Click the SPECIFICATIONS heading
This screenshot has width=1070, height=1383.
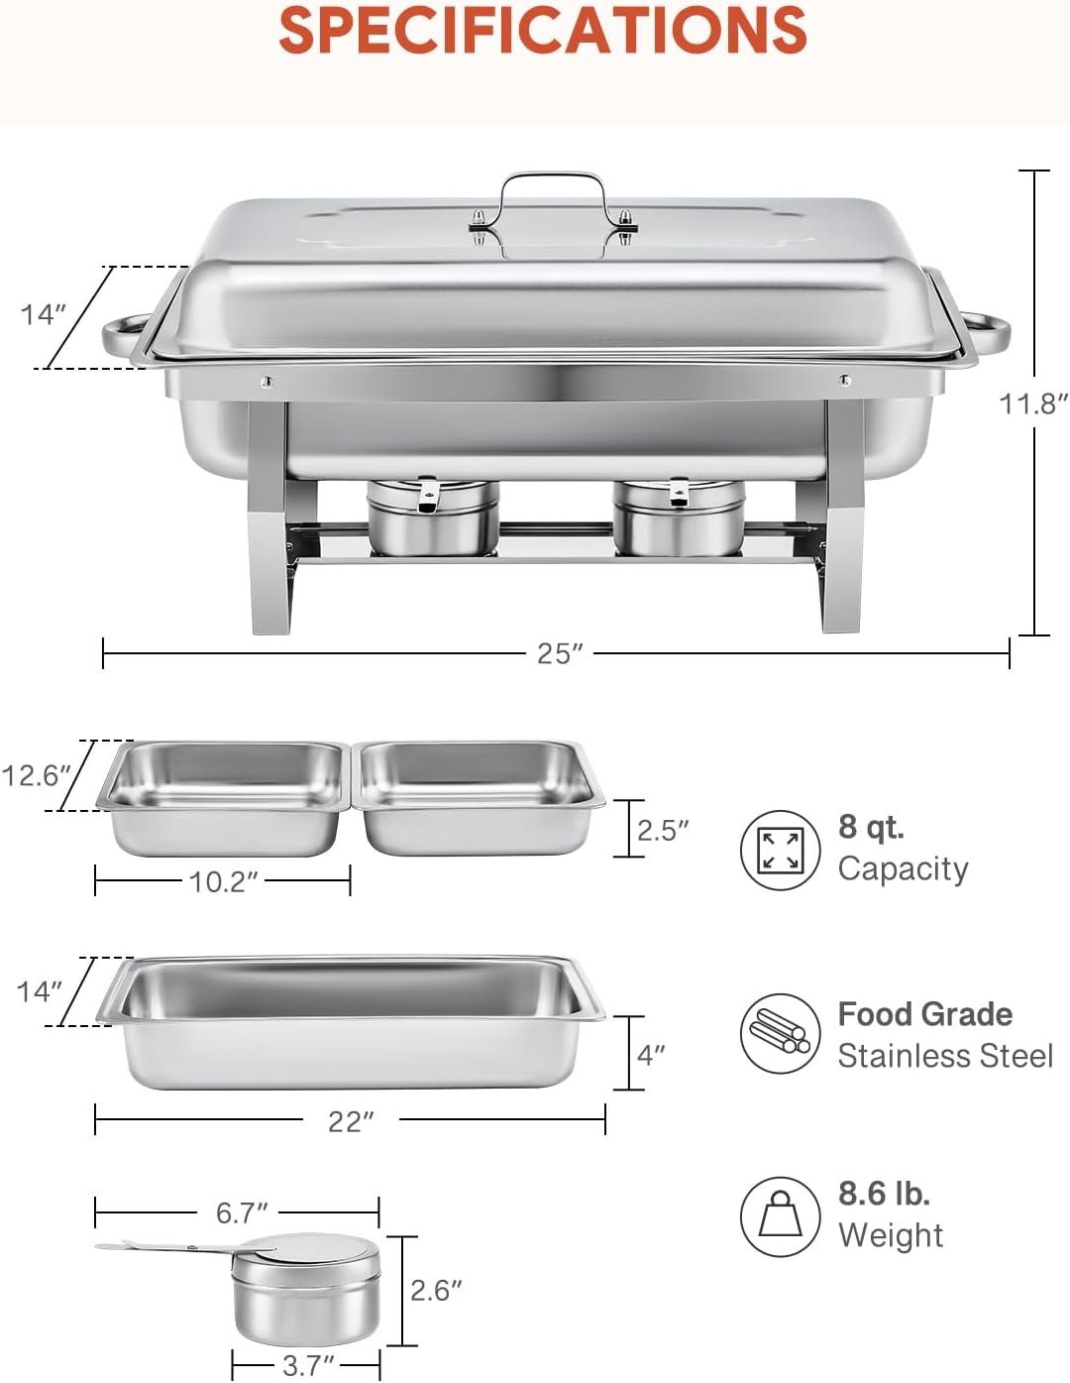[542, 31]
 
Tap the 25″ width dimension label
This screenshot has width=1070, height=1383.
[560, 653]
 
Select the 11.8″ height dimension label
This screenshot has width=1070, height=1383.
[1032, 403]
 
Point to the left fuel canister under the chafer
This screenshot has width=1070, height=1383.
[432, 518]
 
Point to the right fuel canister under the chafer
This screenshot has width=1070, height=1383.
[679, 518]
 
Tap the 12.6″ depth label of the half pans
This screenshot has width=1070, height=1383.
[37, 775]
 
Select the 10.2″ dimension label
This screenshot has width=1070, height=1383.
[224, 881]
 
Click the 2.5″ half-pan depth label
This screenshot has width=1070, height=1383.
[662, 830]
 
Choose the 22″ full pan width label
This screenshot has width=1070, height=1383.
[351, 1121]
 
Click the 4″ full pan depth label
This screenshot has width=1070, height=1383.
[651, 1054]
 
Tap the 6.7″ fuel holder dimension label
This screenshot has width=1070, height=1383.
[242, 1212]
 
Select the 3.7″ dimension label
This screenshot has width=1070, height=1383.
[308, 1365]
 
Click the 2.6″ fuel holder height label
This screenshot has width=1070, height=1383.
[436, 1290]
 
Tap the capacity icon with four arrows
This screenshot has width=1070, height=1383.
[781, 850]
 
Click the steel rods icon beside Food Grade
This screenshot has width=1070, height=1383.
[781, 1034]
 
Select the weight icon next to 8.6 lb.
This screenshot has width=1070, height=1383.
[781, 1216]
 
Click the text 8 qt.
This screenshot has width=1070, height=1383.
[871, 826]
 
